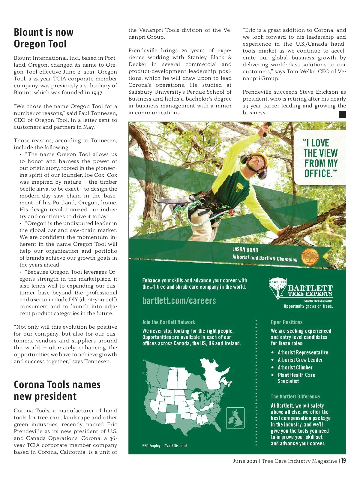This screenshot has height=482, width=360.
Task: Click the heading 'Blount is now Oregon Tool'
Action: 44,38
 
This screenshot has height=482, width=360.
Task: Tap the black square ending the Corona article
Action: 342,114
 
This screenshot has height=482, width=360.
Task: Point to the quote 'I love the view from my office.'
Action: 320,158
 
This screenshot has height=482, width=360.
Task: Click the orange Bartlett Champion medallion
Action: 310,257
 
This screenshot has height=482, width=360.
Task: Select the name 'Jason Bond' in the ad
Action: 245,249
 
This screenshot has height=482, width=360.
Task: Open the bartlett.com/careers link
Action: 179,300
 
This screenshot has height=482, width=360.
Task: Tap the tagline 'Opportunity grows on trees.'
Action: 308,306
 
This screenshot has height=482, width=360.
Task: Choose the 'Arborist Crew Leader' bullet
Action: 300,360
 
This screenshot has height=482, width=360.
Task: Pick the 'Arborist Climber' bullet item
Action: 295,367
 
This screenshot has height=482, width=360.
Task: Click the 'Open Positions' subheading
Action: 286,322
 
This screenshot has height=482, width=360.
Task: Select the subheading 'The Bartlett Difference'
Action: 295,396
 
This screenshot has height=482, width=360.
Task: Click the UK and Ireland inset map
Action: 235,418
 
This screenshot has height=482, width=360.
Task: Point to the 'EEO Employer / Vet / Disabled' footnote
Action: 165,446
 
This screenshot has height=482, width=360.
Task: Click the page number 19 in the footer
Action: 343,461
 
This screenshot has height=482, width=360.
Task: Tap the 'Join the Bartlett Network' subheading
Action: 169,322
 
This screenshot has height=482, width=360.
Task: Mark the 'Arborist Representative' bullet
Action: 303,352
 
